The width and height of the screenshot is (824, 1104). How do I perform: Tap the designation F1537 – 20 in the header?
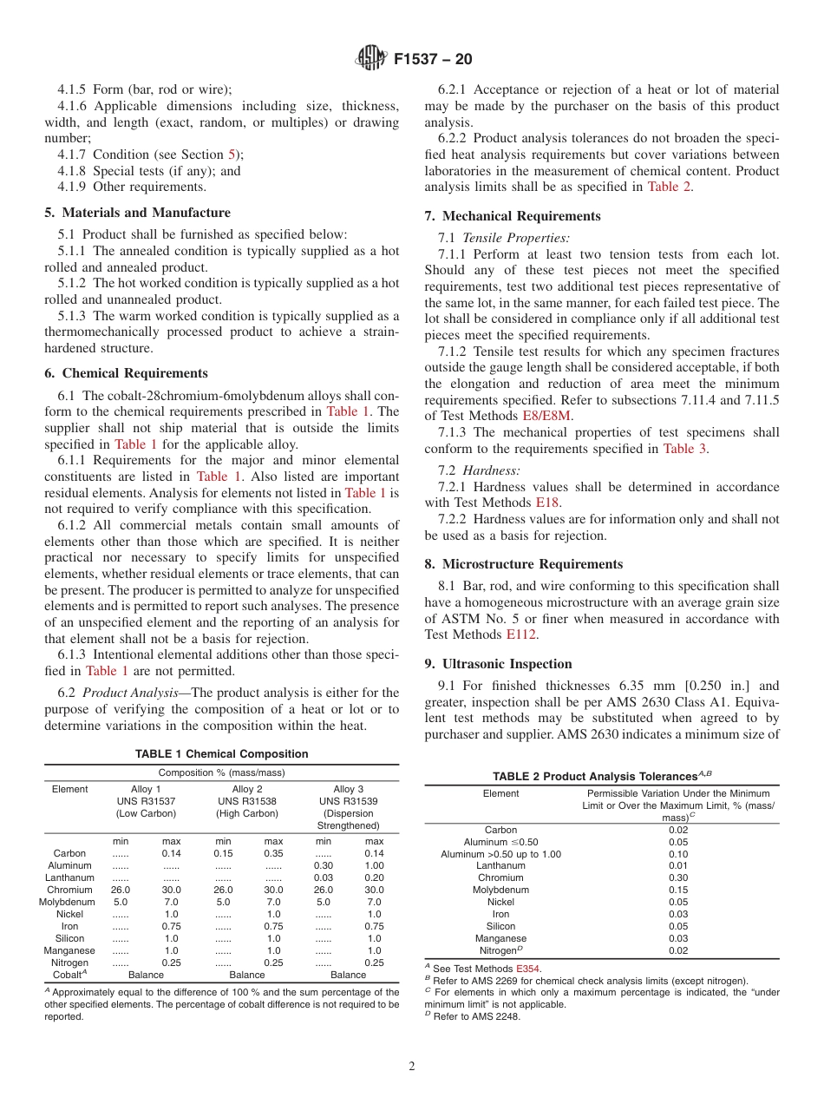tap(433, 60)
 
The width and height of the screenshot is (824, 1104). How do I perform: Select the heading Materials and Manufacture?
tap(137, 213)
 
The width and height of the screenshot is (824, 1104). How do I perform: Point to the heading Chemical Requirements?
tap(126, 373)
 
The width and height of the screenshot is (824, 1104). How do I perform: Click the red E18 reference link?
tap(547, 502)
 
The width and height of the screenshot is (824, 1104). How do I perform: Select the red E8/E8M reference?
tap(547, 416)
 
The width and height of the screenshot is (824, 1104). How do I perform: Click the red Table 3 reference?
tap(678, 449)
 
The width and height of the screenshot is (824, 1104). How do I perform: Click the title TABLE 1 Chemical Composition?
tap(221, 754)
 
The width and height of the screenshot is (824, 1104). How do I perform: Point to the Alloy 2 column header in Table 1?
tap(247, 789)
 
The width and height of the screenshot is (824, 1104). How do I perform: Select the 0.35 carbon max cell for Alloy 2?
tap(273, 853)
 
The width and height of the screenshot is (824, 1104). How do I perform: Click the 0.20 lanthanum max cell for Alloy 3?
tap(374, 877)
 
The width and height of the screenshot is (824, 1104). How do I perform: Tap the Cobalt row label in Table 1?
tap(69, 975)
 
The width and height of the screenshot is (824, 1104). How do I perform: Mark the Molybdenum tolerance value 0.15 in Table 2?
tap(678, 890)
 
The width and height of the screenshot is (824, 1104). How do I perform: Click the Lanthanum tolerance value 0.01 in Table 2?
tap(678, 865)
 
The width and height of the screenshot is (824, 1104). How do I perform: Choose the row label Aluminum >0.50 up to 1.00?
tap(500, 854)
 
